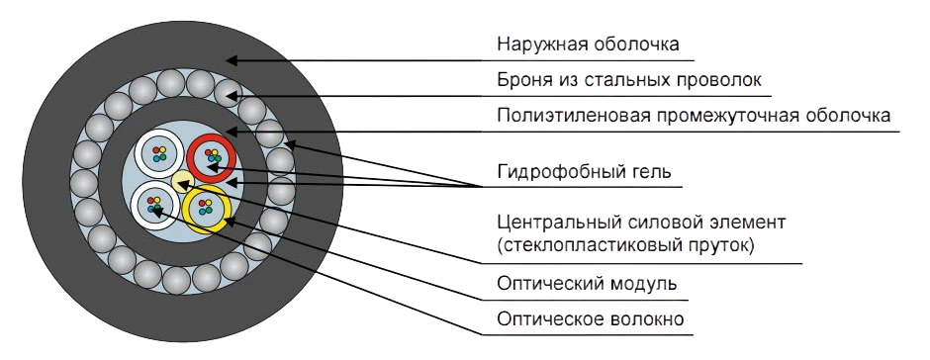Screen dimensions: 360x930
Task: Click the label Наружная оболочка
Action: [588, 45]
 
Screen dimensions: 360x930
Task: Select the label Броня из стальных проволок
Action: [629, 79]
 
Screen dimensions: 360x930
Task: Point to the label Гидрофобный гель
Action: [584, 171]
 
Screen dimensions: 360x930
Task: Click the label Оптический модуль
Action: [588, 284]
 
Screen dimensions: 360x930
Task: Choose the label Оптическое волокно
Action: [592, 318]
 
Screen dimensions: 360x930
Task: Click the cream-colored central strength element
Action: [182, 180]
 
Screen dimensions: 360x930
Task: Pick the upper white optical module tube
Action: [157, 153]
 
